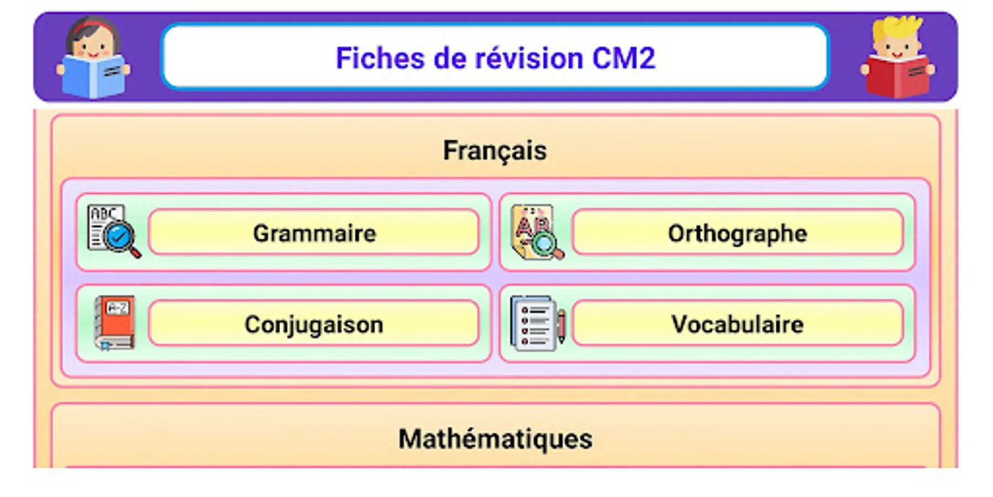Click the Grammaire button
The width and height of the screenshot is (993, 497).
(313, 232)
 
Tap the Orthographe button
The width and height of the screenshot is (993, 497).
(738, 232)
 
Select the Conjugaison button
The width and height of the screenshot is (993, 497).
(313, 324)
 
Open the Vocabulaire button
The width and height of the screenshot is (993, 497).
(738, 324)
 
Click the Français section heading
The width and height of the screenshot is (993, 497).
(495, 151)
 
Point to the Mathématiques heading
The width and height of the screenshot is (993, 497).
(495, 439)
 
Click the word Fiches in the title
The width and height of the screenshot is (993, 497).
(381, 58)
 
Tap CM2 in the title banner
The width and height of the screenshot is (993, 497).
(624, 58)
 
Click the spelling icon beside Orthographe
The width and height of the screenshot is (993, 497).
(537, 232)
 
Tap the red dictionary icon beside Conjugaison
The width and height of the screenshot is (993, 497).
(115, 323)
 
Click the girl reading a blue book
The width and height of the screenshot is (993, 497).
(93, 58)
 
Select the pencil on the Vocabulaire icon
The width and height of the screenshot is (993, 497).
(561, 326)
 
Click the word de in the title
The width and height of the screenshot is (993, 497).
(450, 58)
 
